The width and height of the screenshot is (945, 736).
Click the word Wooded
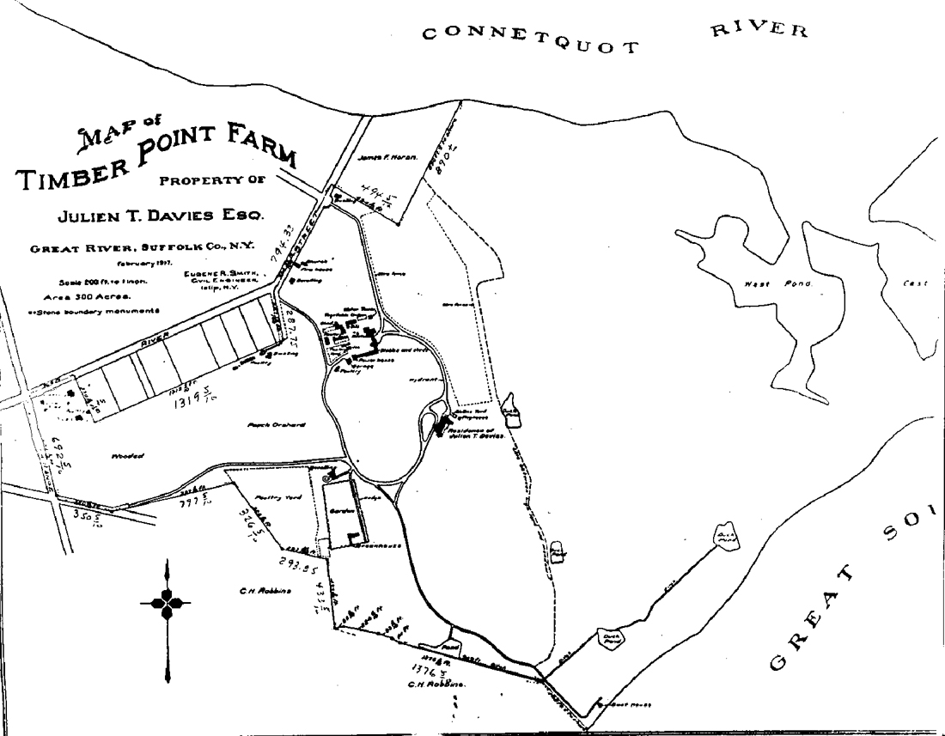click(x=127, y=456)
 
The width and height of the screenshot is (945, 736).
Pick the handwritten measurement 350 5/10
click(x=87, y=517)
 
